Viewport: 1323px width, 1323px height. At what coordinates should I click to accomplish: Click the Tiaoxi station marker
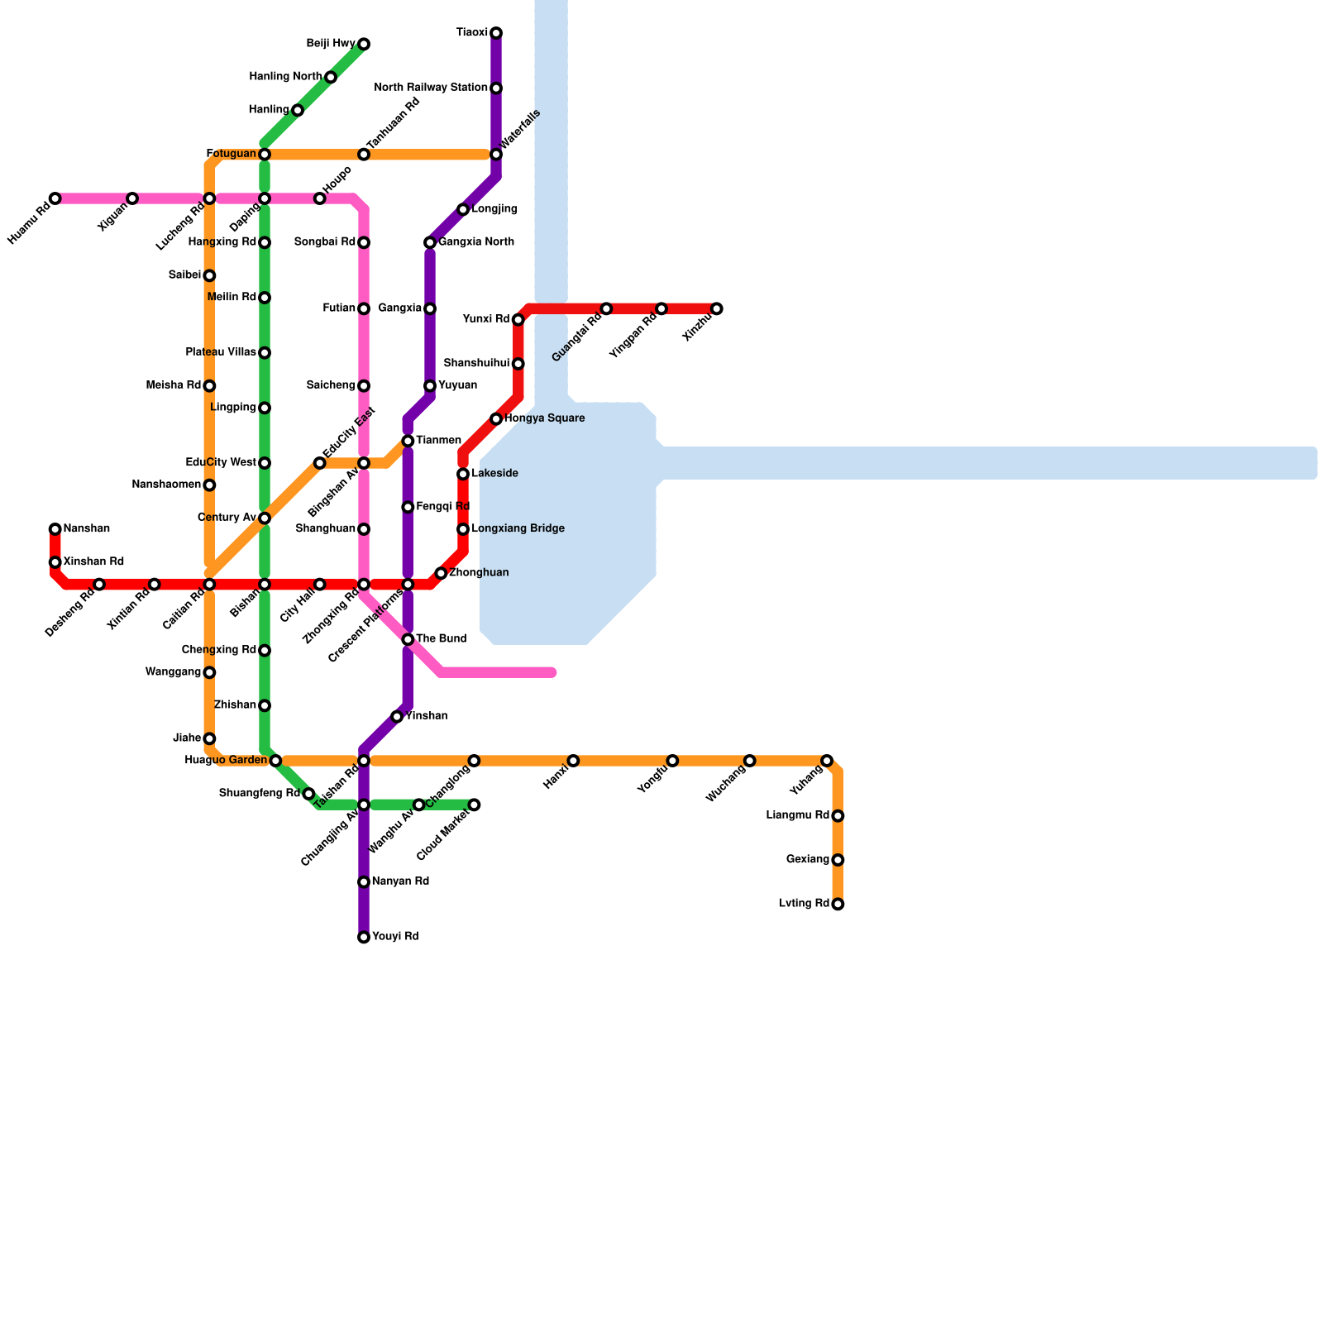(496, 33)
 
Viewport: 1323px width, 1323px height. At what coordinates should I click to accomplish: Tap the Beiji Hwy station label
(331, 44)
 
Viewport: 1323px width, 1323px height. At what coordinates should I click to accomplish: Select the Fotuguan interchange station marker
(265, 155)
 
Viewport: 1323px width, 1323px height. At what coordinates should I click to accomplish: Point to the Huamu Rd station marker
(55, 198)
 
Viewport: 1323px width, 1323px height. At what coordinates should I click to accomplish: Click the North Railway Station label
(430, 88)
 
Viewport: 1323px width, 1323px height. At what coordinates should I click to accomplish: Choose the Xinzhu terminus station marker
(717, 309)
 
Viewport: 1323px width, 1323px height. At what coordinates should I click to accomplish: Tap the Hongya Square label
(544, 418)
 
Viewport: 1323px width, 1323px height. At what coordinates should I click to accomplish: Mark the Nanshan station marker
(55, 529)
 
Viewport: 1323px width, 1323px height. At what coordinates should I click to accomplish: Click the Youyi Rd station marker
(364, 938)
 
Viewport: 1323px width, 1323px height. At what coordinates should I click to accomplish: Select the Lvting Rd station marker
(838, 905)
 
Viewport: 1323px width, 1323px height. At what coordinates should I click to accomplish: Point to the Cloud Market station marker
(474, 805)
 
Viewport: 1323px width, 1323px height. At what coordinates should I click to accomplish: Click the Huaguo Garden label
(226, 760)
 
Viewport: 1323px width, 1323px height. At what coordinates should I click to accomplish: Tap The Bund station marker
(408, 640)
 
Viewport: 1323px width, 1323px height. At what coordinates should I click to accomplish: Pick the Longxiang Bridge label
(518, 528)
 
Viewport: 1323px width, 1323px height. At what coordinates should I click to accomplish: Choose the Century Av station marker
(265, 518)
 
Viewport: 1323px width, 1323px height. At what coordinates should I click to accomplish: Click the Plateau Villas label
(221, 352)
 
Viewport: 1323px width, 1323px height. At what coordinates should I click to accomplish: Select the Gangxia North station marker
(430, 243)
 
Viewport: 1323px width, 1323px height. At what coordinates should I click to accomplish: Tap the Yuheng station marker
(827, 761)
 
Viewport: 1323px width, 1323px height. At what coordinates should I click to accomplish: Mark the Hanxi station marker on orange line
(574, 761)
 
